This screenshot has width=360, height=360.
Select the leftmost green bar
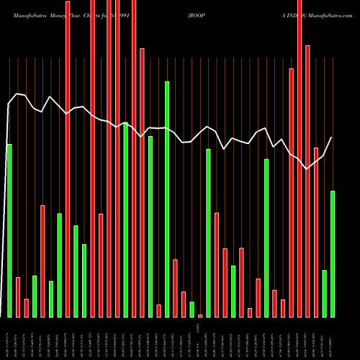click(9, 230)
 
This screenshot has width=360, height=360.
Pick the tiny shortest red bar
click(200, 315)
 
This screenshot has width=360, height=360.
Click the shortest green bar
click(192, 310)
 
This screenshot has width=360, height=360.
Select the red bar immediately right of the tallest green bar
click(175, 288)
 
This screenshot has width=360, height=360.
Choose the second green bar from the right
click(324, 293)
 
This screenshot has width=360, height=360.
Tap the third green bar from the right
click(266, 238)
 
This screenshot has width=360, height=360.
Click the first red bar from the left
click(18, 297)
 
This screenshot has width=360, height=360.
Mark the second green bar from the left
click(35, 296)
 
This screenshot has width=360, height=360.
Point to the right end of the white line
click(332, 137)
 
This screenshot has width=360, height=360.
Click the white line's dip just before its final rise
click(307, 169)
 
